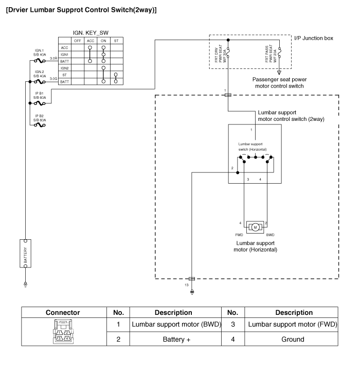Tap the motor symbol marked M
(256, 226)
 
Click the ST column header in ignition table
(116, 40)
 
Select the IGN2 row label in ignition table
(65, 68)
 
